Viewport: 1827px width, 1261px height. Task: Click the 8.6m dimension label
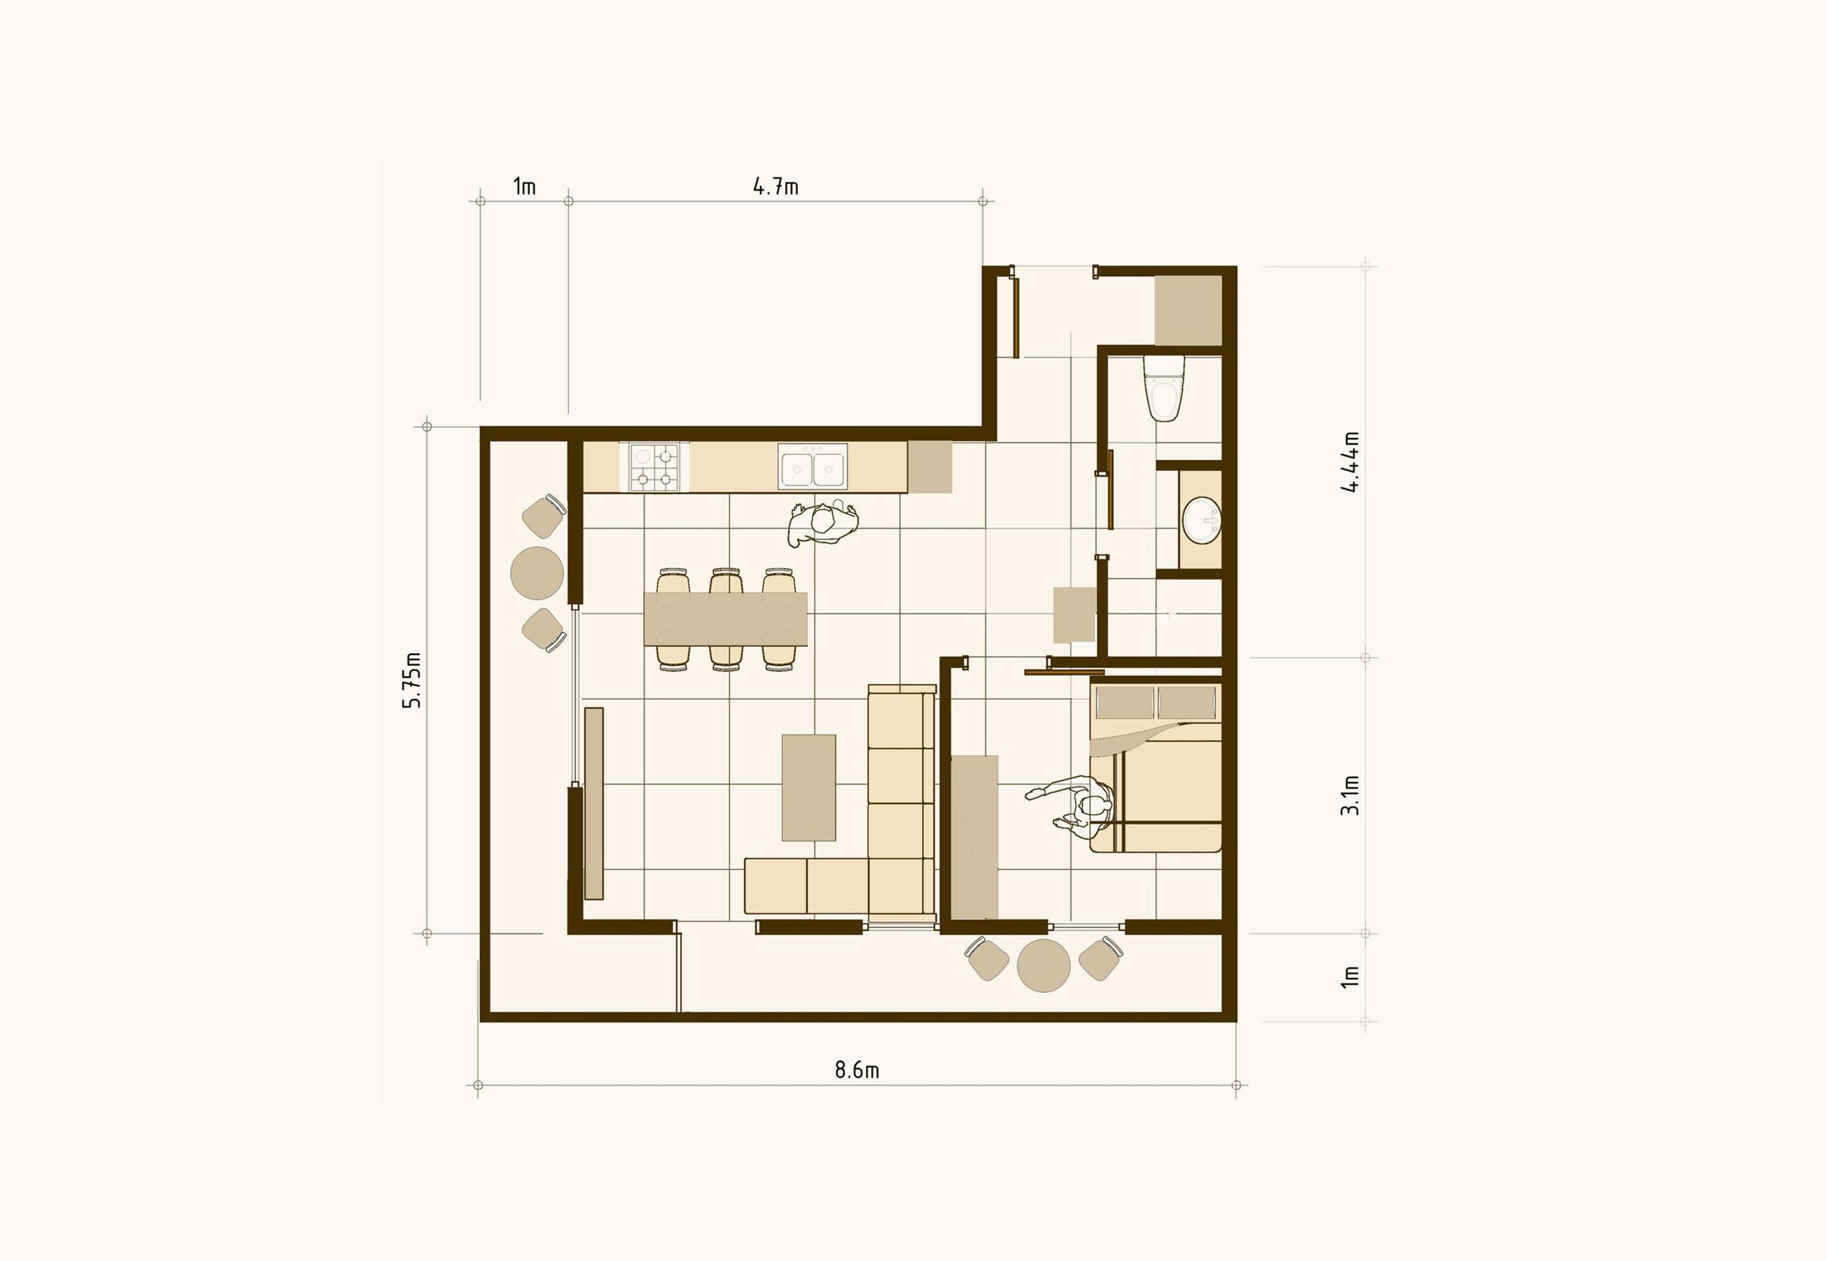856,1069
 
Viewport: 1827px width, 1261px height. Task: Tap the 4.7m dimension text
775,186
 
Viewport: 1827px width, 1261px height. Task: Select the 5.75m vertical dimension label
412,680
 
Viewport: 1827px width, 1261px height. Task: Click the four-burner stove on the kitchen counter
654,467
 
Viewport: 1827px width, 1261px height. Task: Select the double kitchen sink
812,467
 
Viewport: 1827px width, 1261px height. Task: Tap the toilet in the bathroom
1164,389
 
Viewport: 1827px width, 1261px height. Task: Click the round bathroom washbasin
1201,520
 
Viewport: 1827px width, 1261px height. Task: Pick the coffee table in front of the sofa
808,787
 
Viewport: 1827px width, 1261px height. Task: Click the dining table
725,618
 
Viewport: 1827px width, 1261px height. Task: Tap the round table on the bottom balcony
1043,965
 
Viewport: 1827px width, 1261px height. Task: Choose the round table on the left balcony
537,573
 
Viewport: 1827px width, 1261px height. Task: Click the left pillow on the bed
1124,703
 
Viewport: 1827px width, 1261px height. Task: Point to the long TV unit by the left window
594,803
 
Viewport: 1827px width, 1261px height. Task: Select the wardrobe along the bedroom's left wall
974,837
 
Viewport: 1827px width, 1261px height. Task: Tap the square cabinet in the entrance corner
1188,310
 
